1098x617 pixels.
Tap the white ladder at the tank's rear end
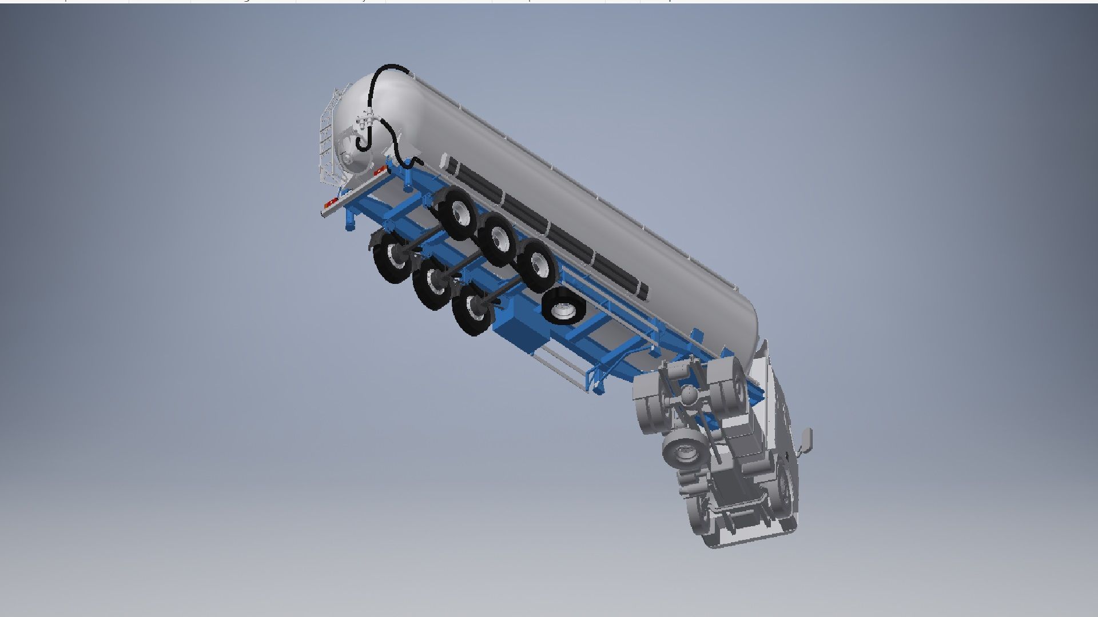(x=326, y=143)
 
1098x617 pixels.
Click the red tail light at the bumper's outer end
(x=331, y=203)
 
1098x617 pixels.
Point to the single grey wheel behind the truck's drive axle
(x=682, y=450)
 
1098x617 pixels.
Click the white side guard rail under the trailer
(x=563, y=366)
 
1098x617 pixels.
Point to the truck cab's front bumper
(x=743, y=537)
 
